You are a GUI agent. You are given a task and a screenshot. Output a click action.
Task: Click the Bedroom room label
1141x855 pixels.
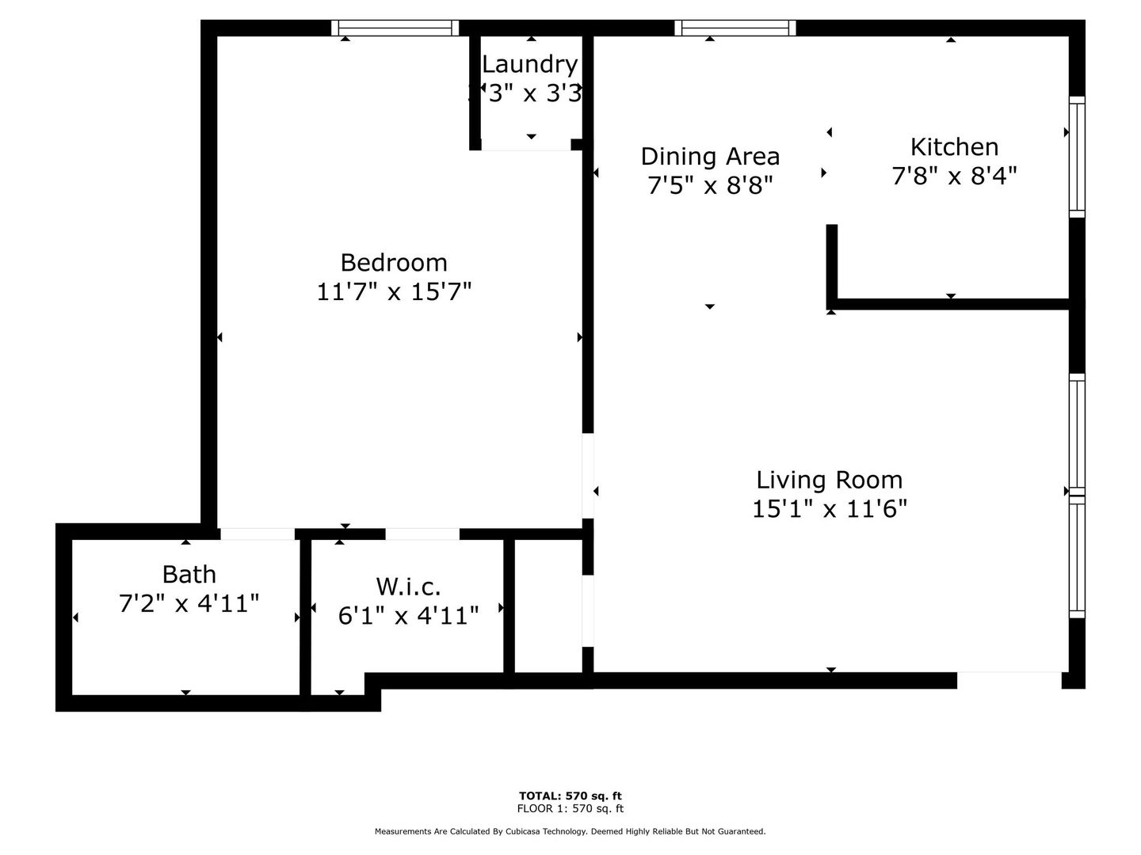click(394, 262)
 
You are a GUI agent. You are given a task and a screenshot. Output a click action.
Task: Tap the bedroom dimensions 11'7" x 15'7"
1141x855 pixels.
click(394, 292)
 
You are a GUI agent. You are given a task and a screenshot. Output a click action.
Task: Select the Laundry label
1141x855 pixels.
click(529, 64)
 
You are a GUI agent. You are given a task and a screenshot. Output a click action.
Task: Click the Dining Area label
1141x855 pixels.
click(710, 156)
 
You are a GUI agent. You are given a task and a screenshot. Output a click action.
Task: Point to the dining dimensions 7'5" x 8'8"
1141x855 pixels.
click(710, 185)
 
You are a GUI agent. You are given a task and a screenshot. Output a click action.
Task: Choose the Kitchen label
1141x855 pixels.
click(954, 146)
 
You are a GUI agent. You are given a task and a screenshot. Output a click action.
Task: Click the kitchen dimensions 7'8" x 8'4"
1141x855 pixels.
click(954, 176)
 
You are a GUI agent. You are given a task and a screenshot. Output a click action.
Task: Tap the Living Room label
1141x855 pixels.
click(830, 480)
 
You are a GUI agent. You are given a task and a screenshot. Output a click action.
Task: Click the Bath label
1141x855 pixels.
click(189, 574)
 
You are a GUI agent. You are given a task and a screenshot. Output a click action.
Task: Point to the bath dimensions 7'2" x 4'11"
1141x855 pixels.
click(189, 604)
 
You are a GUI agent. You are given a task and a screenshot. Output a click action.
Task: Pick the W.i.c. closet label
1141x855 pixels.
click(408, 587)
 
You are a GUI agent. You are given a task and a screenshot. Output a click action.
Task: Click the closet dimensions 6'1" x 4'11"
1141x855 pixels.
click(408, 616)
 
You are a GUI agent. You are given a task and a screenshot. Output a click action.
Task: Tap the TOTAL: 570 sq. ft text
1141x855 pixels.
click(570, 796)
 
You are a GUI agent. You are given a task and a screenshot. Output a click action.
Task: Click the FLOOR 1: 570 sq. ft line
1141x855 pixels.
click(570, 808)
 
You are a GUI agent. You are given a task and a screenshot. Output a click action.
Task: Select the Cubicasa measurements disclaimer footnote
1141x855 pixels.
click(570, 831)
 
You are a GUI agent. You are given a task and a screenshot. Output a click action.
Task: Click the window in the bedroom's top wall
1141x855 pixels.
click(395, 28)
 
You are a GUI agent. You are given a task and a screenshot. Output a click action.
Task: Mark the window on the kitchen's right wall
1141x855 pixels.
click(1077, 157)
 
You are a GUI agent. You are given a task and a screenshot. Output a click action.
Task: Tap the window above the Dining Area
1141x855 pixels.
click(735, 28)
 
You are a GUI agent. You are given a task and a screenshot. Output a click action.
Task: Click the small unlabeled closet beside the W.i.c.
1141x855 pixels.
click(548, 606)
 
